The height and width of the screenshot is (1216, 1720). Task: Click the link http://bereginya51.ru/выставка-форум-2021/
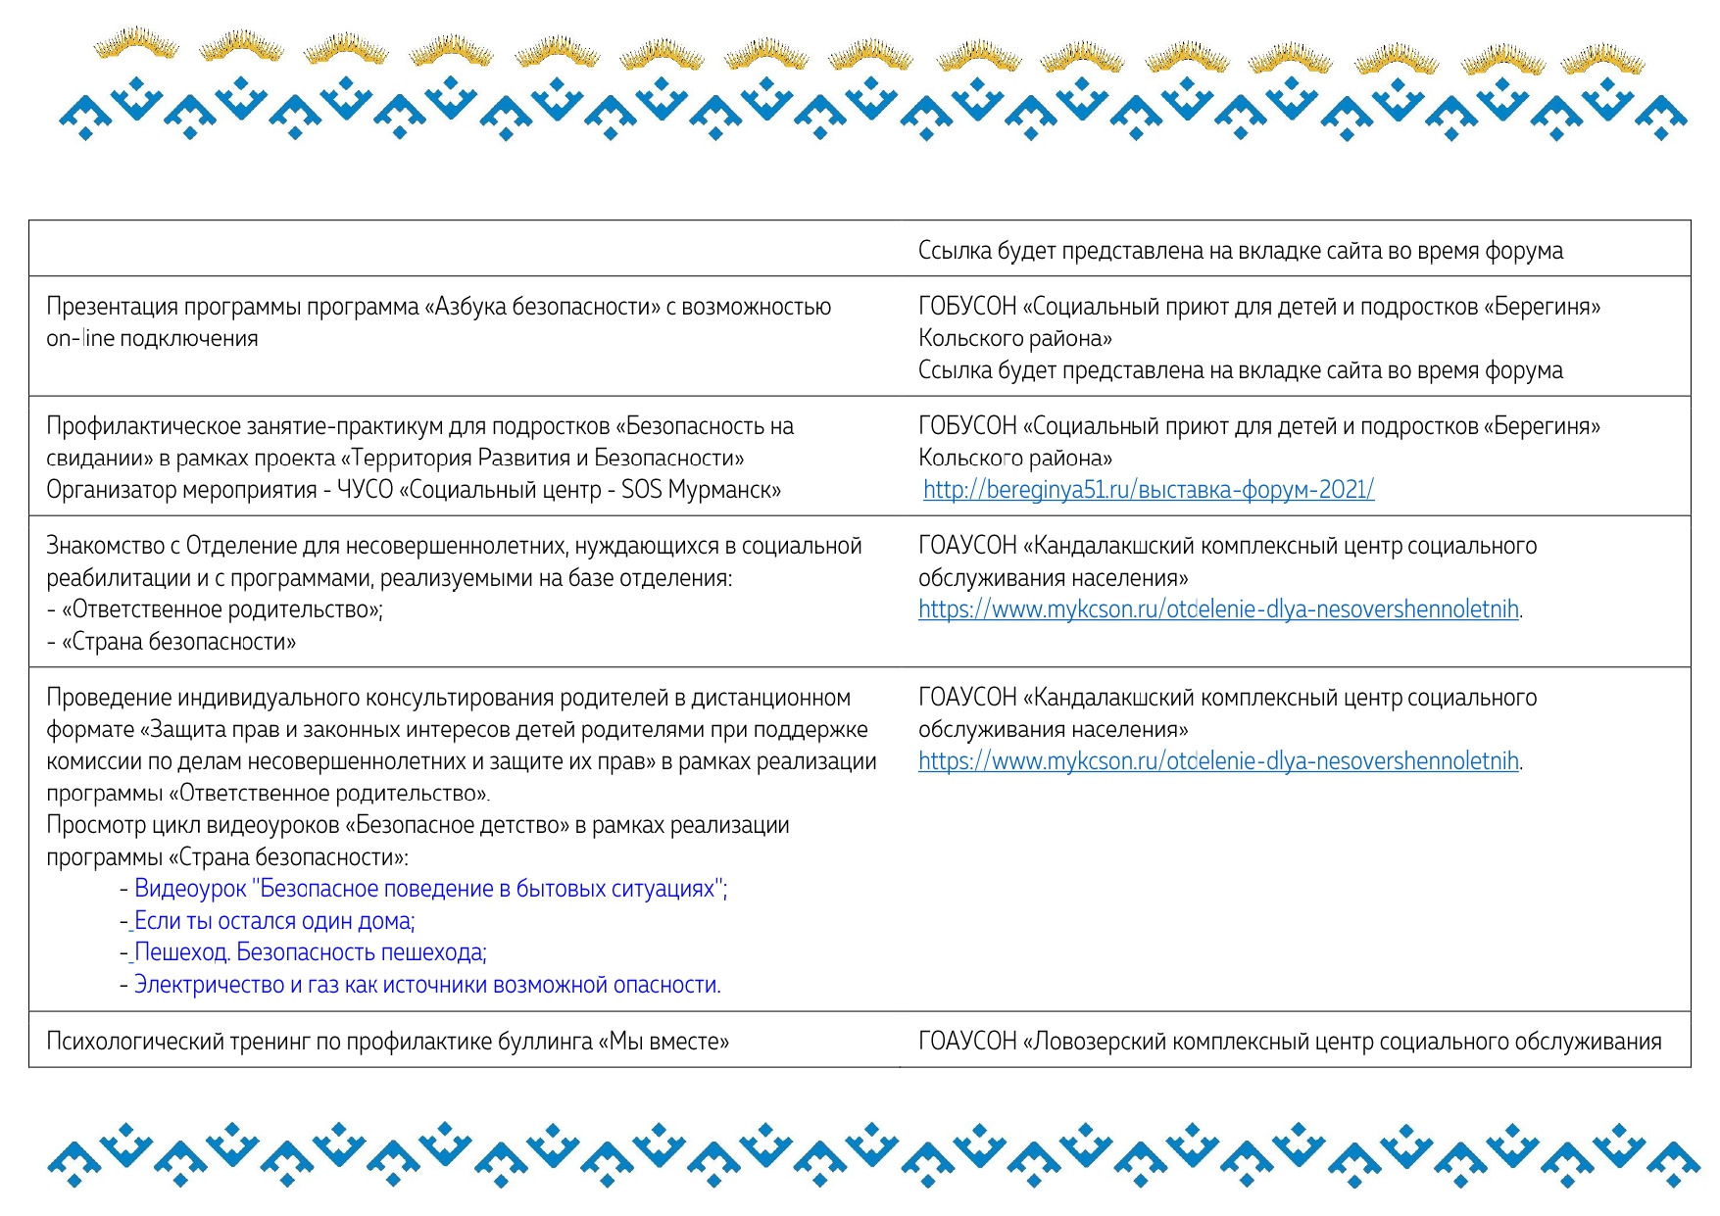[1148, 490]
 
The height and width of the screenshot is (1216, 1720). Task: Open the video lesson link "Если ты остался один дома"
[274, 921]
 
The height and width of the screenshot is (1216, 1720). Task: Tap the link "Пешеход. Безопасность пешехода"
[310, 952]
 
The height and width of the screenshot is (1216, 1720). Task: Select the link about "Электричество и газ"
[426, 985]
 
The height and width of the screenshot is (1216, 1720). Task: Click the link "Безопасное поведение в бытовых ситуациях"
[429, 889]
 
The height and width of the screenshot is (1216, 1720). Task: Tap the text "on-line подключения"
[152, 339]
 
